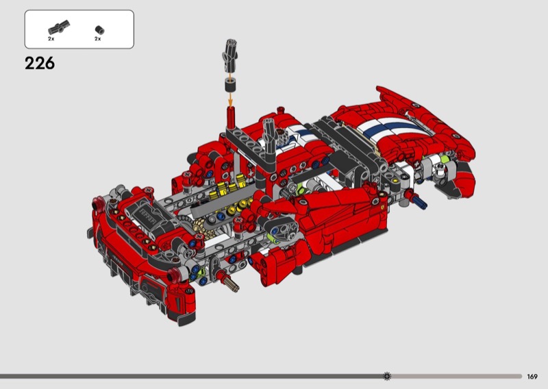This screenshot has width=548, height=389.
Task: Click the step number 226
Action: coord(40,63)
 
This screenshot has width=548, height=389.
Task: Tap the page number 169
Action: coord(532,377)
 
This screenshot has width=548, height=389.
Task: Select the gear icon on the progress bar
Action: coord(387,376)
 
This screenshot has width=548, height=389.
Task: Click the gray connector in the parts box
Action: coord(59,27)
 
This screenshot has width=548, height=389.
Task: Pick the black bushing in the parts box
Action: coord(99,29)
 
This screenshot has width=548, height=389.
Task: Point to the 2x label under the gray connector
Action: coord(51,39)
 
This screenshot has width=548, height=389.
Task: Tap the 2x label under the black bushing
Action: coord(97,39)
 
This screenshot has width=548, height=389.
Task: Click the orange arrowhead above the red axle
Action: coord(230,102)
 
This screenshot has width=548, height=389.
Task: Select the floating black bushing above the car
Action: coord(230,86)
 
